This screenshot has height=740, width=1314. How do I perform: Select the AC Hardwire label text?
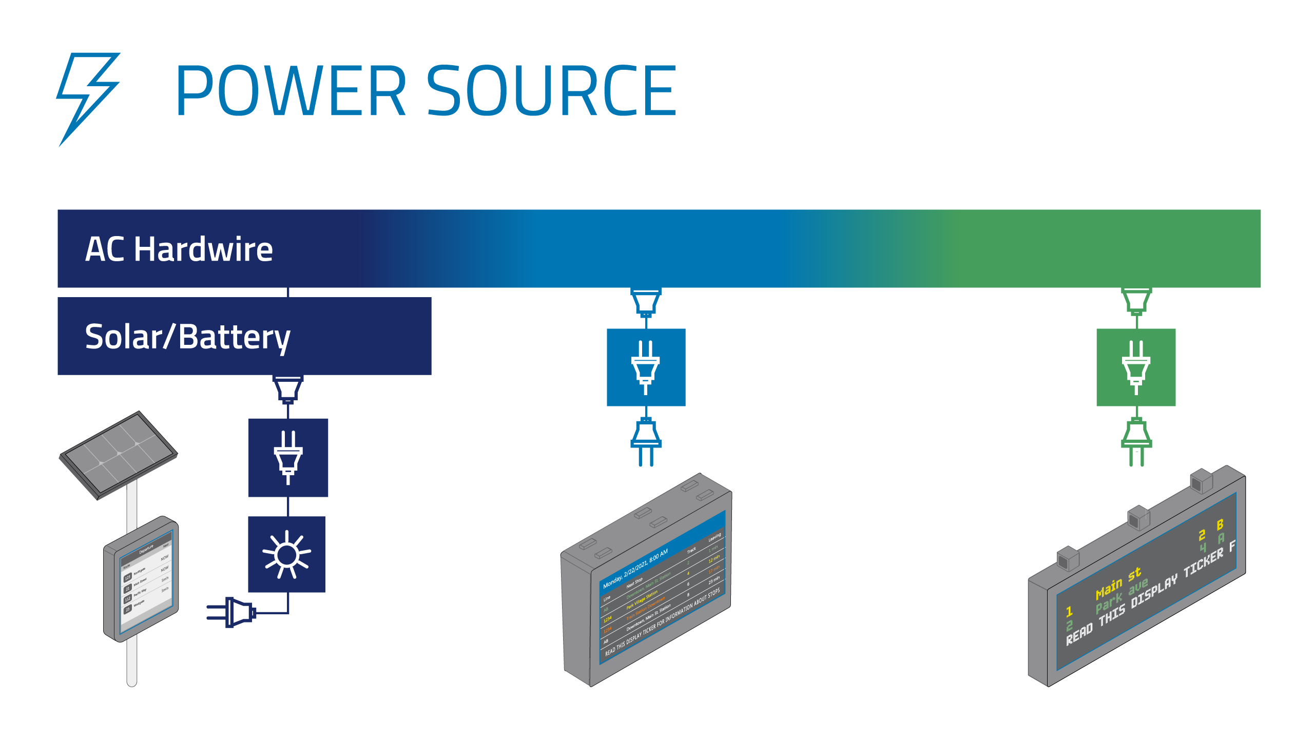179,249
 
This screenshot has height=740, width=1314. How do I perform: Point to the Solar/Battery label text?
187,337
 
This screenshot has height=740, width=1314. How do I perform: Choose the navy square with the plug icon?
288,457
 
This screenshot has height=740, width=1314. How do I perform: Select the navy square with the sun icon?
287,554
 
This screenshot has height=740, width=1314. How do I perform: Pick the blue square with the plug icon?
646,367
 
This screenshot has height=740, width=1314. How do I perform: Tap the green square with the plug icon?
1136,367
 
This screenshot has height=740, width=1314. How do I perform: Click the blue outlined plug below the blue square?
646,441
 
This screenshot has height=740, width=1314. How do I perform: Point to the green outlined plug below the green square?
1136,441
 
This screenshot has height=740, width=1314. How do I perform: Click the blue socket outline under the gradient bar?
646,302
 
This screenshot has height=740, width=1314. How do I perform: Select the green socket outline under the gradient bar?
1136,302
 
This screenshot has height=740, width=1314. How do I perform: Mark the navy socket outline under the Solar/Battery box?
288,390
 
